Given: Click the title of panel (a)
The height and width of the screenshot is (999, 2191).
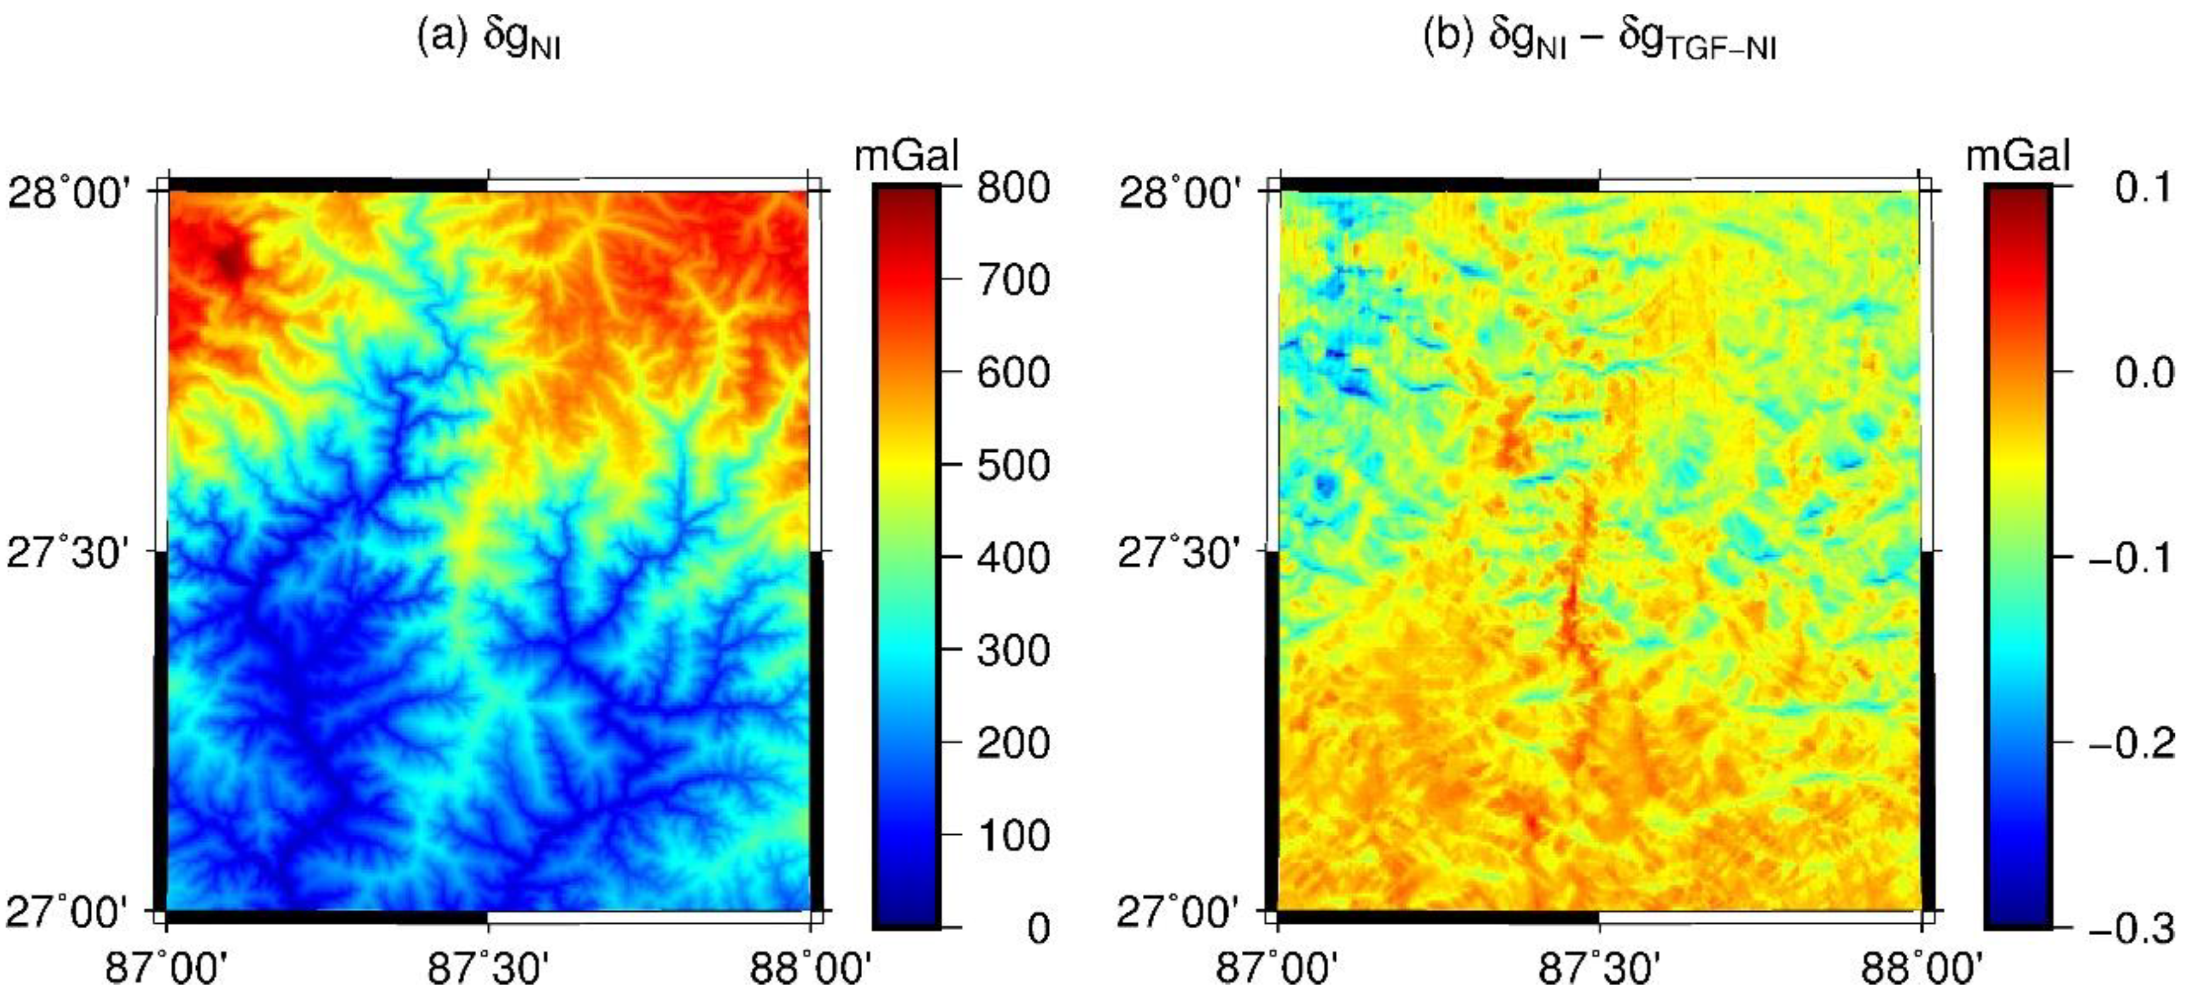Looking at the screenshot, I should [x=489, y=38].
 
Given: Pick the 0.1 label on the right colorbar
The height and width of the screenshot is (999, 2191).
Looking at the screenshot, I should [x=2144, y=187].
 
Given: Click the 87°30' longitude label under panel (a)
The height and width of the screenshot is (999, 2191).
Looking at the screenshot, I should [x=488, y=968].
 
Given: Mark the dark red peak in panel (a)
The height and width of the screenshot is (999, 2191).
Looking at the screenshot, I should [x=228, y=260].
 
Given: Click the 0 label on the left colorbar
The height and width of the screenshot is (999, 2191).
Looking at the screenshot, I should [x=1038, y=928].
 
